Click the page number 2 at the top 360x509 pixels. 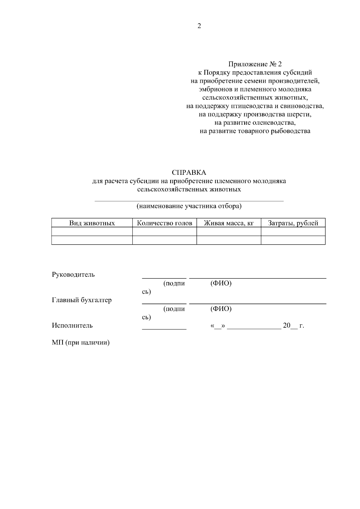click(x=199, y=26)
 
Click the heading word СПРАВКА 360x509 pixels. click(x=189, y=173)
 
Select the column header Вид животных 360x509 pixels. click(x=92, y=223)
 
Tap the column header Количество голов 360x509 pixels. click(x=164, y=223)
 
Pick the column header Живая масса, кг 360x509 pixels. click(x=229, y=223)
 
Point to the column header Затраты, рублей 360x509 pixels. click(x=293, y=223)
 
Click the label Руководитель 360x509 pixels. click(x=73, y=275)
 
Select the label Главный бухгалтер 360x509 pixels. click(x=82, y=300)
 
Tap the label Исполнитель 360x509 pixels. click(x=72, y=326)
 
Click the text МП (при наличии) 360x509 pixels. click(x=80, y=343)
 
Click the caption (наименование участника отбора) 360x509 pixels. click(x=189, y=206)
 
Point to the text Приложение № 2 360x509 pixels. click(x=255, y=64)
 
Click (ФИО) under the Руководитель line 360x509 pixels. click(x=221, y=283)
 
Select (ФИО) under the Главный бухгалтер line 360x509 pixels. click(x=221, y=309)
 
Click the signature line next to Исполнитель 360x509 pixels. click(x=164, y=329)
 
